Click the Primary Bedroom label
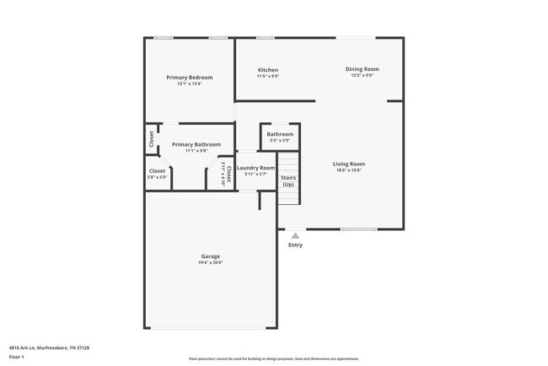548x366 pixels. pyautogui.click(x=189, y=78)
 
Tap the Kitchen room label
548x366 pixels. pyautogui.click(x=268, y=70)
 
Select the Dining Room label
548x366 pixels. pyautogui.click(x=362, y=68)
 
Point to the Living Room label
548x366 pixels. pyautogui.click(x=349, y=164)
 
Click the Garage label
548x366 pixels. pyautogui.click(x=210, y=256)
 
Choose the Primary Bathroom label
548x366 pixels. pyautogui.click(x=196, y=144)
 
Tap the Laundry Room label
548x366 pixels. pyautogui.click(x=256, y=168)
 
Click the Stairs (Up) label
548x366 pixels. pyautogui.click(x=288, y=181)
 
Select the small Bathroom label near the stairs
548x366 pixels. pyautogui.click(x=280, y=134)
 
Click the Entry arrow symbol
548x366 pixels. pyautogui.click(x=295, y=236)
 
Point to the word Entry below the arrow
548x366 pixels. pyautogui.click(x=295, y=245)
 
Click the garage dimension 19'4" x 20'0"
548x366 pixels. pyautogui.click(x=210, y=263)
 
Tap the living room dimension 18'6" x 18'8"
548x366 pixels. pyautogui.click(x=349, y=170)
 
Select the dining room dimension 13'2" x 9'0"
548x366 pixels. pyautogui.click(x=362, y=75)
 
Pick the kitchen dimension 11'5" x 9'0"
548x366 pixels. pyautogui.click(x=268, y=77)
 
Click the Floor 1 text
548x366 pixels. pyautogui.click(x=17, y=357)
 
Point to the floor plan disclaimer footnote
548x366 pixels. pyautogui.click(x=273, y=358)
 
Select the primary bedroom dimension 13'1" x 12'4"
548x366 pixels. pyautogui.click(x=189, y=84)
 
